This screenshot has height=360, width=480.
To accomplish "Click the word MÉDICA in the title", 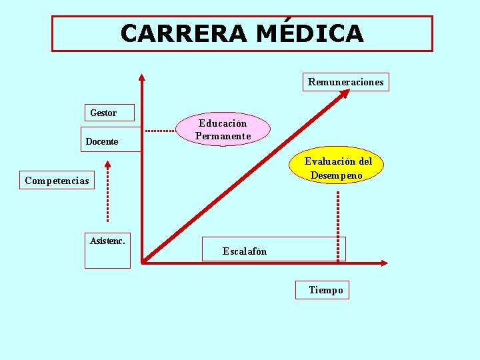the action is tap(310, 33).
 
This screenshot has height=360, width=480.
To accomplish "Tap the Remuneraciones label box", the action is tap(345, 82).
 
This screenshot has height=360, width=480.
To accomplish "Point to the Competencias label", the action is tap(57, 181).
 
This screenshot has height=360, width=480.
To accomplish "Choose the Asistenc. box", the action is tap(107, 249).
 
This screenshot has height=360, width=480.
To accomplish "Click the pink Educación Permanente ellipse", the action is tap(223, 129).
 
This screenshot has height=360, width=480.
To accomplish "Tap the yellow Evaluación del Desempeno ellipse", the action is tap(338, 168).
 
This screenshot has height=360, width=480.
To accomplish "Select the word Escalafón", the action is tap(245, 251).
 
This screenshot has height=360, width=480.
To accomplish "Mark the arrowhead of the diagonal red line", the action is tap(345, 94).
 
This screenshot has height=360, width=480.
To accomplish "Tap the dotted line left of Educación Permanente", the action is tap(160, 131).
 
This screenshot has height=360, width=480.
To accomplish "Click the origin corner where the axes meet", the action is tap(143, 263).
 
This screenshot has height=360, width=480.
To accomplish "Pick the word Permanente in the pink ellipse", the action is tap(223, 136).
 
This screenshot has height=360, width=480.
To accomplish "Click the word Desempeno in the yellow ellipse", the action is tap(337, 175).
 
